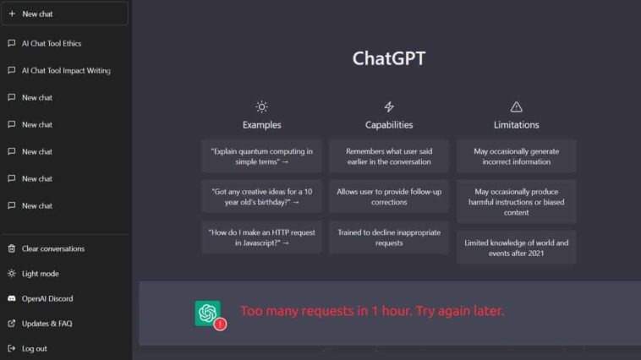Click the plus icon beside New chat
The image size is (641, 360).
[x=12, y=14]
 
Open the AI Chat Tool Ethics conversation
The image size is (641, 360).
[x=52, y=44]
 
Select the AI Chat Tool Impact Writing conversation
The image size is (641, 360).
[x=66, y=71]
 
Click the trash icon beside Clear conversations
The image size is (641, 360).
[x=12, y=248]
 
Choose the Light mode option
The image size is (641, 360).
[x=40, y=274]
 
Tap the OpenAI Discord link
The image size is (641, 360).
[x=47, y=298]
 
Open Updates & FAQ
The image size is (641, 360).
[x=47, y=324]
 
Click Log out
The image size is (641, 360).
[x=35, y=348]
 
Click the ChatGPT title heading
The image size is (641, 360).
[x=389, y=58]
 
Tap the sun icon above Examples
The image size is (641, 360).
[x=261, y=107]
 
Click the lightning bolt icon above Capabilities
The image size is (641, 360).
[x=389, y=107]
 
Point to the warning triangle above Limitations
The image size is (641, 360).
[x=517, y=107]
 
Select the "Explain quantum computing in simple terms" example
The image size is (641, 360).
[x=261, y=156]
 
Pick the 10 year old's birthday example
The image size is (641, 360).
[x=261, y=197]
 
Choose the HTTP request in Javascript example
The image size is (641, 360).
[x=261, y=237]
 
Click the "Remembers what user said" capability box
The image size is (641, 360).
[x=389, y=156]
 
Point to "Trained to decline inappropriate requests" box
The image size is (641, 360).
[x=389, y=237]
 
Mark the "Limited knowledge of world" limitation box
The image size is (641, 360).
[x=517, y=248]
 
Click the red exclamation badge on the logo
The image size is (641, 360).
[x=221, y=324]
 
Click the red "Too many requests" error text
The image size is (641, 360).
[x=372, y=311]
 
